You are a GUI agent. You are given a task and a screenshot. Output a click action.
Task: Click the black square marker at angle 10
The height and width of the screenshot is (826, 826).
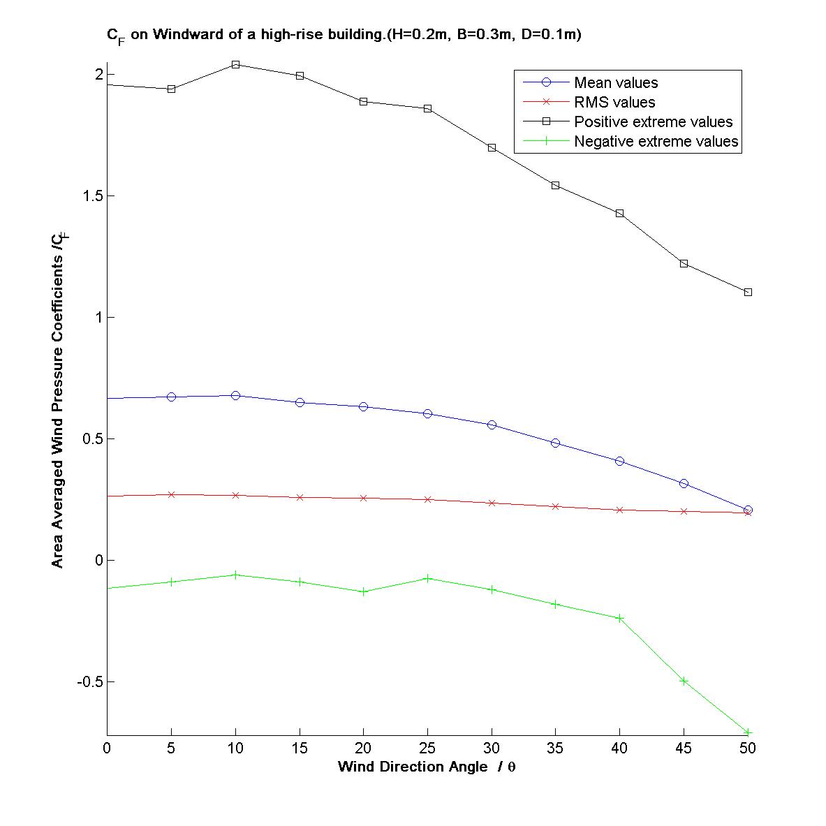pos(235,64)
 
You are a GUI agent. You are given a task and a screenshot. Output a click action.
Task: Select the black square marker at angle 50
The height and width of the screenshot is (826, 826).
pos(748,292)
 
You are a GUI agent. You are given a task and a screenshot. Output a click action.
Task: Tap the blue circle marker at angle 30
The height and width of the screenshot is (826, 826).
pos(492,425)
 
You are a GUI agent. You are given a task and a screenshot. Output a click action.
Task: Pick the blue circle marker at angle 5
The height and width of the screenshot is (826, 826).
pos(171,397)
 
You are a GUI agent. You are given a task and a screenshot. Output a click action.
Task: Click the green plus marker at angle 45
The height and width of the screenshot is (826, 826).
pos(684,681)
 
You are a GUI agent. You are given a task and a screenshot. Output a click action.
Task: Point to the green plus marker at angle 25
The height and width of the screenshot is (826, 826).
pos(427,578)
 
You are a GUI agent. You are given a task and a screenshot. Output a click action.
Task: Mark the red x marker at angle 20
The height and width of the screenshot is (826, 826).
pos(363,498)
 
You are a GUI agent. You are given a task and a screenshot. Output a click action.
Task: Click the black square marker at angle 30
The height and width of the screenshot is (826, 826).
pos(492,147)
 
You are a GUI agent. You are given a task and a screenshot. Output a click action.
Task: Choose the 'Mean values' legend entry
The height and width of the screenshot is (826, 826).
pos(615,83)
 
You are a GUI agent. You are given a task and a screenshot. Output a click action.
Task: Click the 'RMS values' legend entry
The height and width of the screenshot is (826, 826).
pos(614,103)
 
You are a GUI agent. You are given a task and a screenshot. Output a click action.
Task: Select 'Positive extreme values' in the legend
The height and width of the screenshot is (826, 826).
pos(653,122)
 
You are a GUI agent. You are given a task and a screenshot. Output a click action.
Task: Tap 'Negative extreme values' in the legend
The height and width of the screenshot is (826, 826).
pos(656,142)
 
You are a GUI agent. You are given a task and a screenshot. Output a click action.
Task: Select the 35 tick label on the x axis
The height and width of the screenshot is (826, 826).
pos(555,748)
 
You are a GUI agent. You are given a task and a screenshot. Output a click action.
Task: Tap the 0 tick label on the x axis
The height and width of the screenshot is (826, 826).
pos(107,748)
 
